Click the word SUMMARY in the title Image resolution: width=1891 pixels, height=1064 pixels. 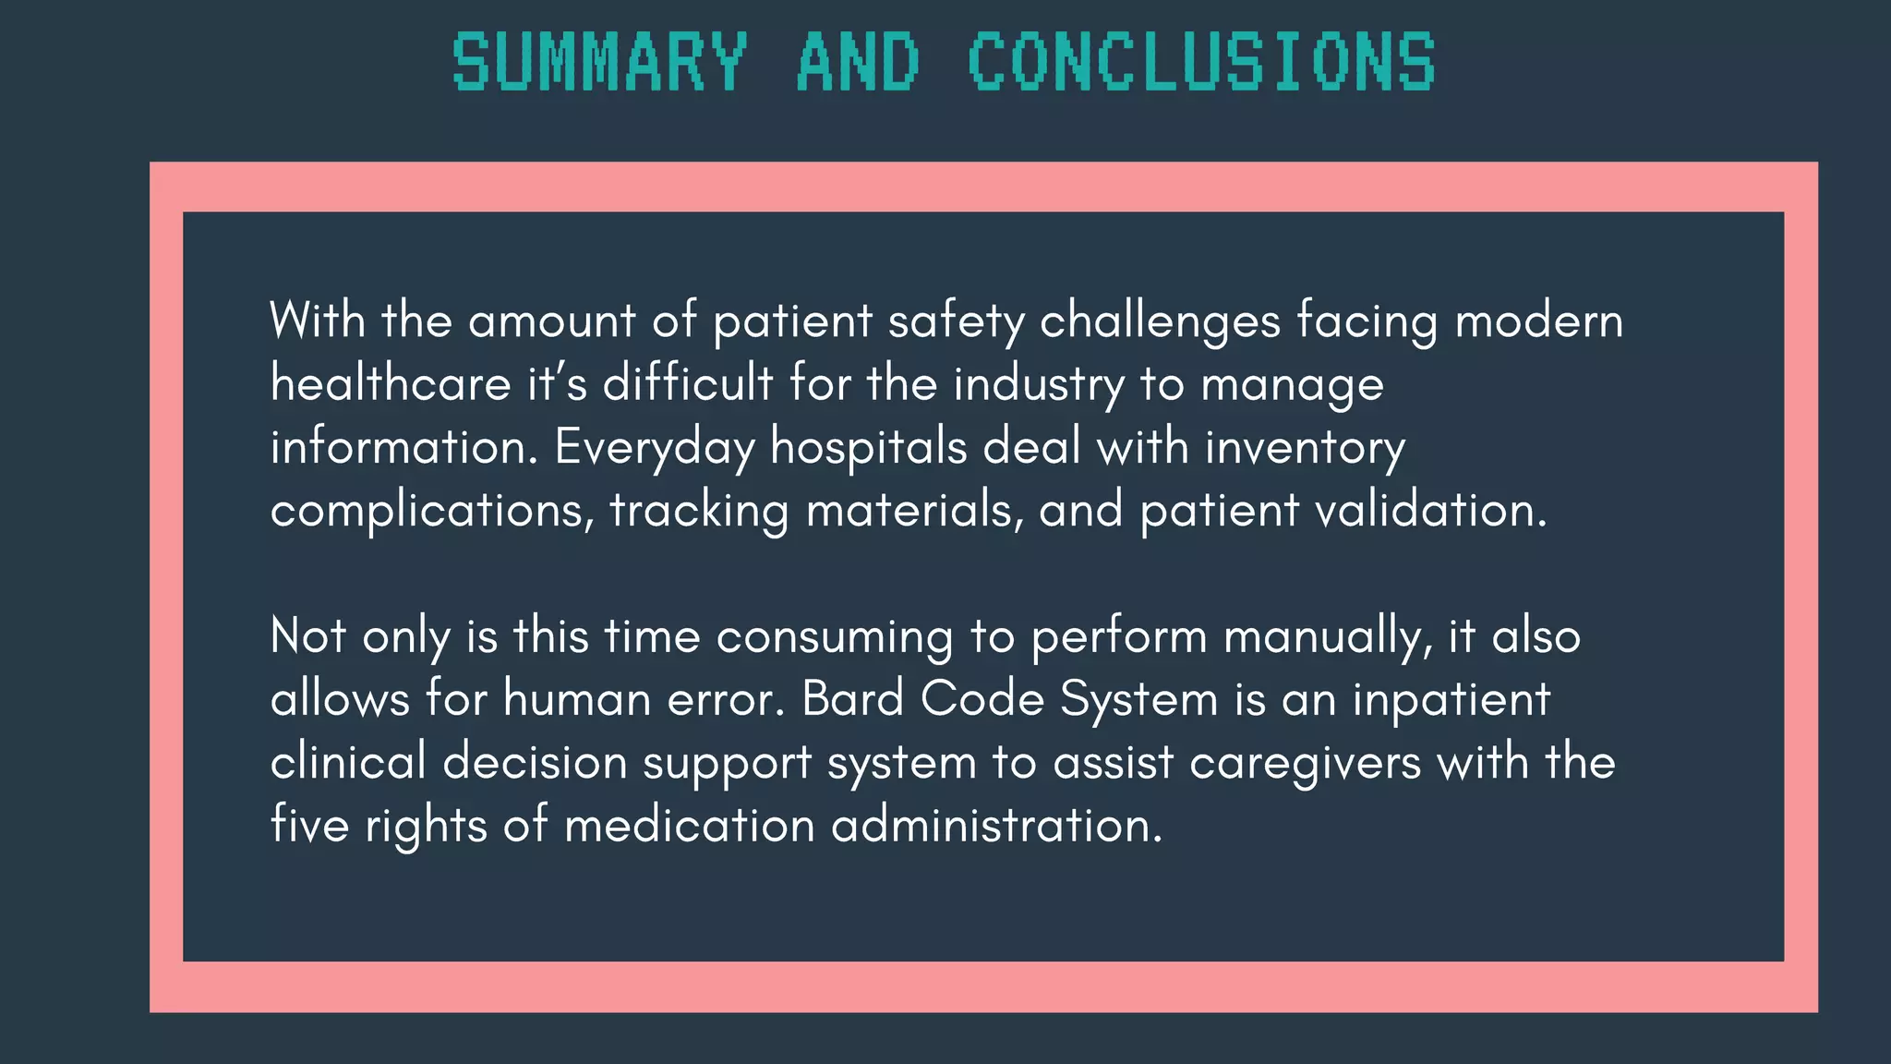pos(599,62)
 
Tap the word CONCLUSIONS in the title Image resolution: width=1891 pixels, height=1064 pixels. pos(1201,62)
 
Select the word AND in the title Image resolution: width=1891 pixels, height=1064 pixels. pos(858,62)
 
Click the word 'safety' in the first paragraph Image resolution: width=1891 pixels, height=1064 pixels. pos(956,321)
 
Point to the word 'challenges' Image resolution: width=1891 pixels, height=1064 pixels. pos(1160,321)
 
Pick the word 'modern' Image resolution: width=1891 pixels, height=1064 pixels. pos(1538,321)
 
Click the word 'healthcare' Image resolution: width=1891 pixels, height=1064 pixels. pos(391,384)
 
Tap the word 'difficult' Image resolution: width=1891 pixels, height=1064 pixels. pos(688,384)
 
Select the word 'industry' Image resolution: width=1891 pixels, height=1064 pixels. pos(1039,384)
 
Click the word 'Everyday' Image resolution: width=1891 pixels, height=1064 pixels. pos(655,448)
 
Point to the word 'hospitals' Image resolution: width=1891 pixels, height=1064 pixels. pos(869,448)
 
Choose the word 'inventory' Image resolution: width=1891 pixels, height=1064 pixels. pos(1305,448)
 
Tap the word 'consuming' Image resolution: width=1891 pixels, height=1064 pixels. pos(835,637)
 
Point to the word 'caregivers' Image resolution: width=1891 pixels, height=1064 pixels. pos(1305,764)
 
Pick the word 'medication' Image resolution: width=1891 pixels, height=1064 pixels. pos(689,826)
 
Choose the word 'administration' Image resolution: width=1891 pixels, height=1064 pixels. pos(996,826)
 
